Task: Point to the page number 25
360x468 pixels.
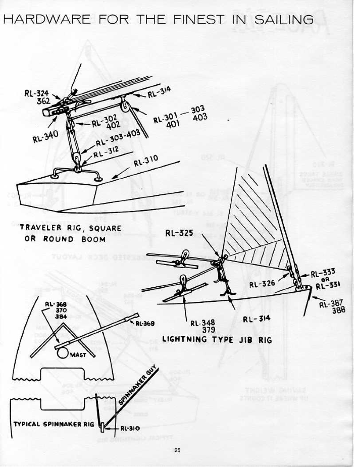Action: coord(177,450)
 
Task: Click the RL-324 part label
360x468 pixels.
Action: coord(34,93)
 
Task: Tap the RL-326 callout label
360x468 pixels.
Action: coord(262,283)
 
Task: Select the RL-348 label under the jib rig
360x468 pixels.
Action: coord(201,323)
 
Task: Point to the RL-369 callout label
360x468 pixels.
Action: coord(144,323)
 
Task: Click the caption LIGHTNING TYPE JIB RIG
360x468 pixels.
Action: coord(217,340)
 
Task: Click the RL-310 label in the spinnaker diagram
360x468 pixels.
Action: coord(131,428)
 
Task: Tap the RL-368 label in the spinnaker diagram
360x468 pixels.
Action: coord(54,304)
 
